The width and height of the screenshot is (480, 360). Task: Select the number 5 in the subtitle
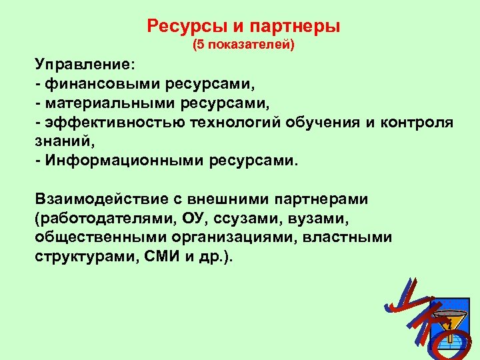(x=197, y=47)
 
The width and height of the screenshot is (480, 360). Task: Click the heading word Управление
(x=85, y=67)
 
